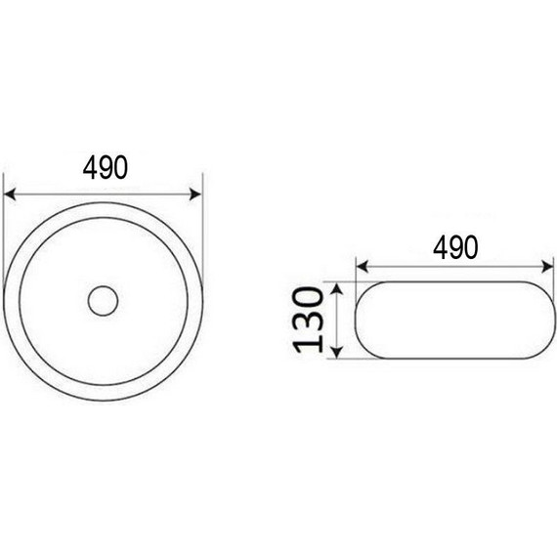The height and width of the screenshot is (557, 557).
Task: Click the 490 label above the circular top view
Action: tap(106, 168)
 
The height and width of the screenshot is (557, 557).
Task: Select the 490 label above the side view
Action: tap(455, 247)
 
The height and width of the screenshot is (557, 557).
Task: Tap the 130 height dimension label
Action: tap(308, 320)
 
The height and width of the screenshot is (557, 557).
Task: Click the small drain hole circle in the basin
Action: tap(103, 301)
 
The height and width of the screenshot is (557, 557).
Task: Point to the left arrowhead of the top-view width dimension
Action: tap(10, 194)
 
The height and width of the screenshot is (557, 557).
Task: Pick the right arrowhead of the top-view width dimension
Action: tap(195, 194)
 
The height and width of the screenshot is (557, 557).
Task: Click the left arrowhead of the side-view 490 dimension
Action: tap(362, 267)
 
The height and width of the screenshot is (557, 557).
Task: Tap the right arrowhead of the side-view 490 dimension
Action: tap(547, 267)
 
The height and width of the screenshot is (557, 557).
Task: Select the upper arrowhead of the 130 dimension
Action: tap(337, 288)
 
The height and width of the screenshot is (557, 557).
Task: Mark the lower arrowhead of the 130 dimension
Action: tap(337, 352)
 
